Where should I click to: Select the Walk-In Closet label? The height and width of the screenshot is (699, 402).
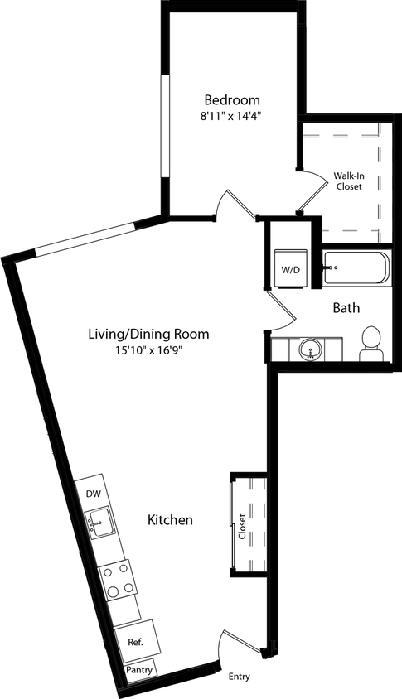(348, 181)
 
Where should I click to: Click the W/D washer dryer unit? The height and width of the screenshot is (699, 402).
(290, 269)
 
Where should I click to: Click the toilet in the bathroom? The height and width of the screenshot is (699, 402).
(371, 345)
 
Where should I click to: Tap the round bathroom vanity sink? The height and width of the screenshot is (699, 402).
(311, 349)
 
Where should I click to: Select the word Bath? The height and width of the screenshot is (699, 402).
(346, 308)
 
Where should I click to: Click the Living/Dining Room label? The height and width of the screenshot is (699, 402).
(148, 335)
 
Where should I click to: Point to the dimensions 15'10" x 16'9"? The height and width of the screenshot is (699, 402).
(148, 351)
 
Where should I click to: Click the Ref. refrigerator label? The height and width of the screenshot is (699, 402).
(135, 642)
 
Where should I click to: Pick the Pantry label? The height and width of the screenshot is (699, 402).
(139, 669)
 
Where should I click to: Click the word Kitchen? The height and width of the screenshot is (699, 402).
(170, 520)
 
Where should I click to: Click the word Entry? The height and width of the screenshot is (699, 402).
(239, 677)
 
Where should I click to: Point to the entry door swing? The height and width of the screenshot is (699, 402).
(241, 645)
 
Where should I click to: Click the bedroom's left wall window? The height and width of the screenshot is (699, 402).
(164, 125)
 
